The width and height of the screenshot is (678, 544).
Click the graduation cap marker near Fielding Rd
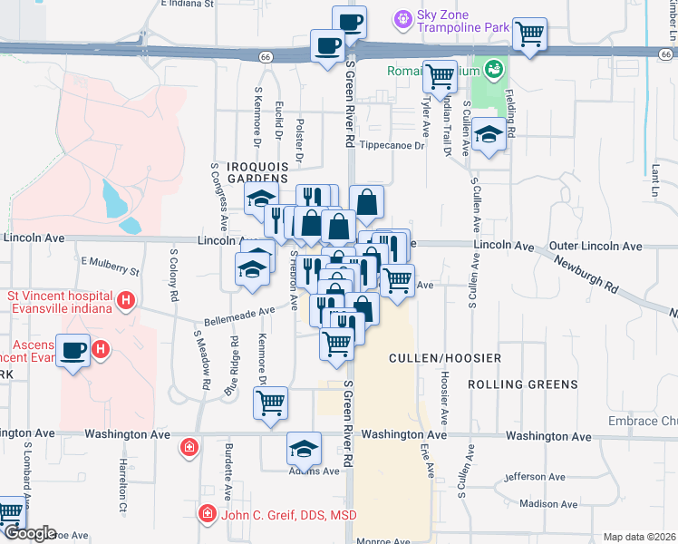coord(489,136)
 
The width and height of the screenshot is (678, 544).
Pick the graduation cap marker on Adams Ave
coord(305,447)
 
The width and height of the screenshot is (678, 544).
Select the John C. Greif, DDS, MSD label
coord(287,515)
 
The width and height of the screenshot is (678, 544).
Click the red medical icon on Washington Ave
coord(189,446)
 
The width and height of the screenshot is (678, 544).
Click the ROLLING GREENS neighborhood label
coord(523,384)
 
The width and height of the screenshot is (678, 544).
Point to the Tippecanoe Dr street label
coord(392,145)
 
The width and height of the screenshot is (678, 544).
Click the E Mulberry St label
coord(110,266)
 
